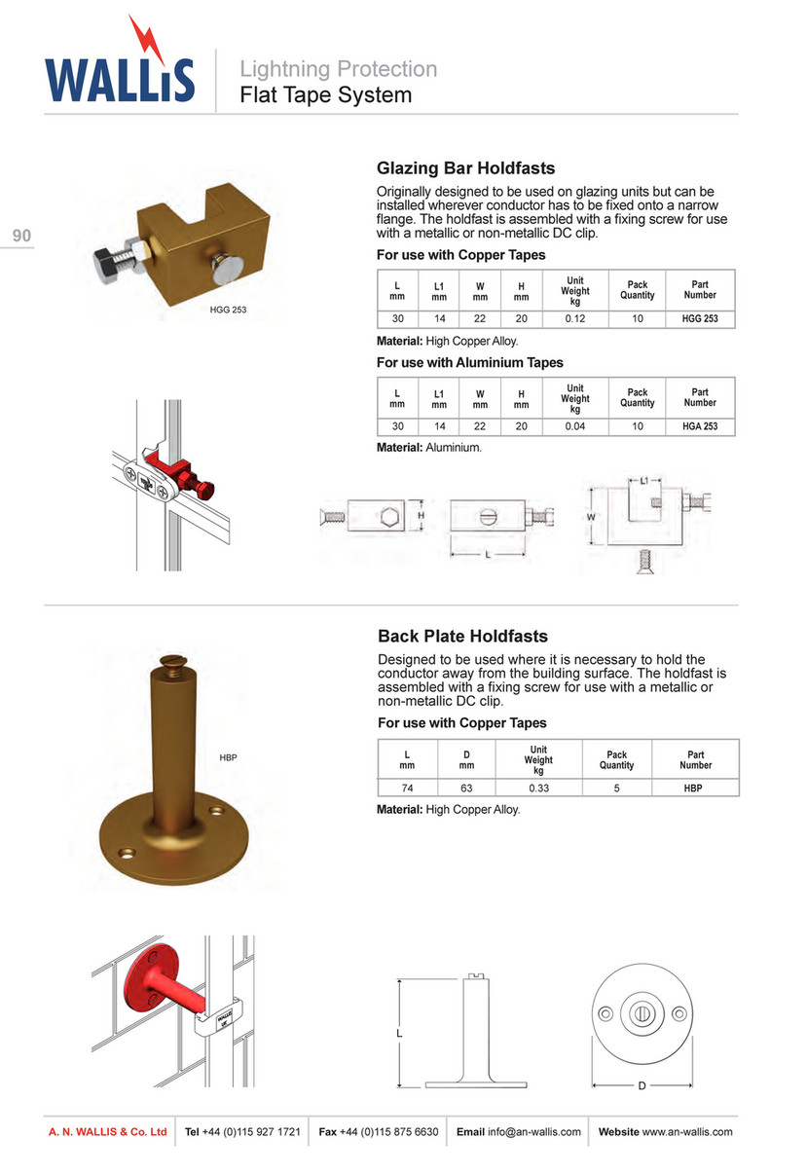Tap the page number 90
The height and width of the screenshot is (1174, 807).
click(22, 236)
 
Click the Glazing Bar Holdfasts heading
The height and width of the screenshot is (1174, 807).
click(466, 167)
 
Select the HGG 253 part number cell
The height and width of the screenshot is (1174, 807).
click(700, 318)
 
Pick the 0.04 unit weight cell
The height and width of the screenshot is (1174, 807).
click(575, 426)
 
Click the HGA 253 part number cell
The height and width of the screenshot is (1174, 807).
click(700, 426)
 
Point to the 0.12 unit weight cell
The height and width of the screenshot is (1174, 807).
click(575, 318)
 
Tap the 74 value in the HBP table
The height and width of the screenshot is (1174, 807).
click(407, 788)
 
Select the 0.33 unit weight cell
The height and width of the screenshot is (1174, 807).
click(538, 788)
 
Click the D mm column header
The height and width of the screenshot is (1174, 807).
click(466, 760)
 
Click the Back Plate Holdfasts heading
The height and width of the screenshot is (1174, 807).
click(462, 636)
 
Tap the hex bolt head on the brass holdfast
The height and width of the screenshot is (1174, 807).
click(106, 260)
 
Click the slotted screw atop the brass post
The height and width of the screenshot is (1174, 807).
click(173, 661)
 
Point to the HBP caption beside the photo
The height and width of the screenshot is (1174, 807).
click(228, 757)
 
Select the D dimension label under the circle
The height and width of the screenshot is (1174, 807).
click(642, 1086)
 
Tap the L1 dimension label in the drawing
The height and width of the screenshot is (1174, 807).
click(644, 480)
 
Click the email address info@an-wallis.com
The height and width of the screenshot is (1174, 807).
click(534, 1131)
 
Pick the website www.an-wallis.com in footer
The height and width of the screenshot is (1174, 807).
click(687, 1131)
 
